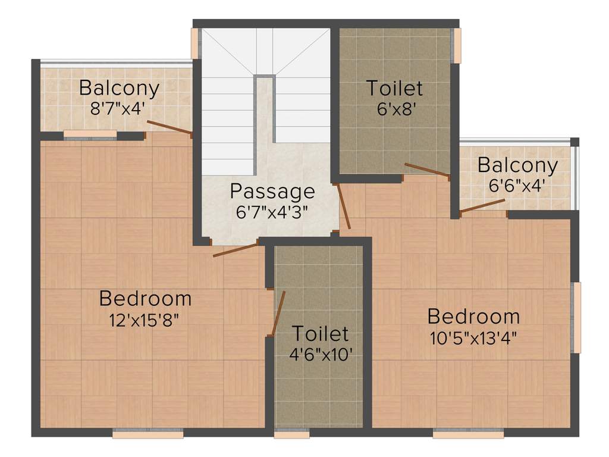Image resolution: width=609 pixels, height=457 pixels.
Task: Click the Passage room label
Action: point(272,191)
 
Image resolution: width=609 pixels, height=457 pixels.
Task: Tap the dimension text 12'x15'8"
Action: point(145,320)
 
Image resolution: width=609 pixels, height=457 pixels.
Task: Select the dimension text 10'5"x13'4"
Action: point(473,338)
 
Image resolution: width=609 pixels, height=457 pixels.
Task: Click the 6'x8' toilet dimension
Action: point(394,110)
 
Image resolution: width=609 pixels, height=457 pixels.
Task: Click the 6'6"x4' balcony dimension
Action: point(517,186)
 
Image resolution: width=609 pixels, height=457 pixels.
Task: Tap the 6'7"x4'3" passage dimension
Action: point(272,211)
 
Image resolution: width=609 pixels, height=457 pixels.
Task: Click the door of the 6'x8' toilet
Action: point(426,170)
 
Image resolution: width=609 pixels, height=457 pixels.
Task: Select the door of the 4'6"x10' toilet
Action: point(278,314)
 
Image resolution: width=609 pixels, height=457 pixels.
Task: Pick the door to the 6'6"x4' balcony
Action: point(482,205)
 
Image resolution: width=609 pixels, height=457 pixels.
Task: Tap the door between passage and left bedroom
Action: point(236,250)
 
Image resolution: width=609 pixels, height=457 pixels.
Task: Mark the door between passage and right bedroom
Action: point(343,206)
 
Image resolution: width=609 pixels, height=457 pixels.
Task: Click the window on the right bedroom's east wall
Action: point(576,318)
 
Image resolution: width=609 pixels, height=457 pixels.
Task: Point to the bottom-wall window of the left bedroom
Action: point(148,434)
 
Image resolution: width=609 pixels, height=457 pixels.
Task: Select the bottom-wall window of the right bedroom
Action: point(468,434)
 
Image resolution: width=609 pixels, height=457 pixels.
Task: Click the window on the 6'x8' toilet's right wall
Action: point(457,45)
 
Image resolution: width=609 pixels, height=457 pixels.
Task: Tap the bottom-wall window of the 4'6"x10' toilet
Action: point(291,434)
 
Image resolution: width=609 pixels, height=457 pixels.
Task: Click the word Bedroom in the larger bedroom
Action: point(145,298)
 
